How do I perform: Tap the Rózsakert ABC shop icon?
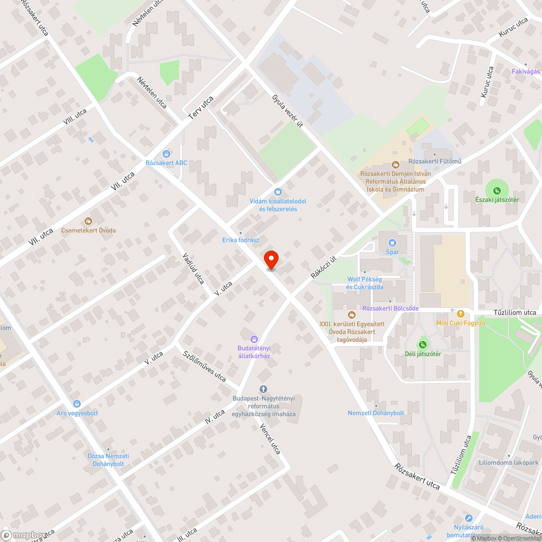[166, 153]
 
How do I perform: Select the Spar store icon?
[392, 242]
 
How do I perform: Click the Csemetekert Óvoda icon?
[88, 221]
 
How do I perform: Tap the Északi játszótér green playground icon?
[497, 190]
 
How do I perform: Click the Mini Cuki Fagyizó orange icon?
[461, 313]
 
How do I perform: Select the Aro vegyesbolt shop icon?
[77, 403]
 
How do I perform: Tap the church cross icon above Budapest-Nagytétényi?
[264, 389]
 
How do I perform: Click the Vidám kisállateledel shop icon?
[278, 191]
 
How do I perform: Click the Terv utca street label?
[201, 107]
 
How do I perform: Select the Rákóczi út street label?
[324, 267]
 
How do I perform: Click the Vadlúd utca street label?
[193, 268]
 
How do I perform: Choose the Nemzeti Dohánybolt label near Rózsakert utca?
[376, 413]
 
